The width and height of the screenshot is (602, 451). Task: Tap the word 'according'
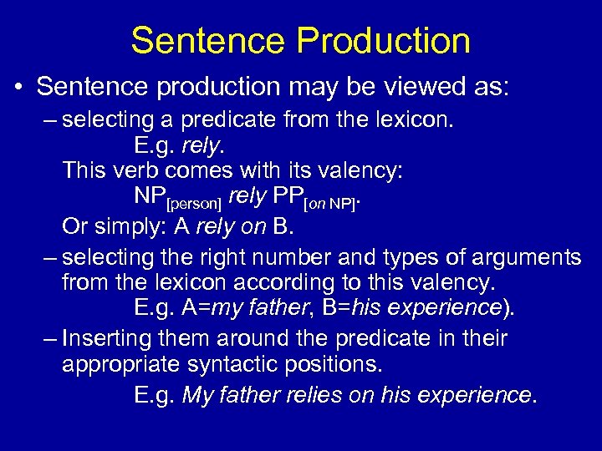263,282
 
